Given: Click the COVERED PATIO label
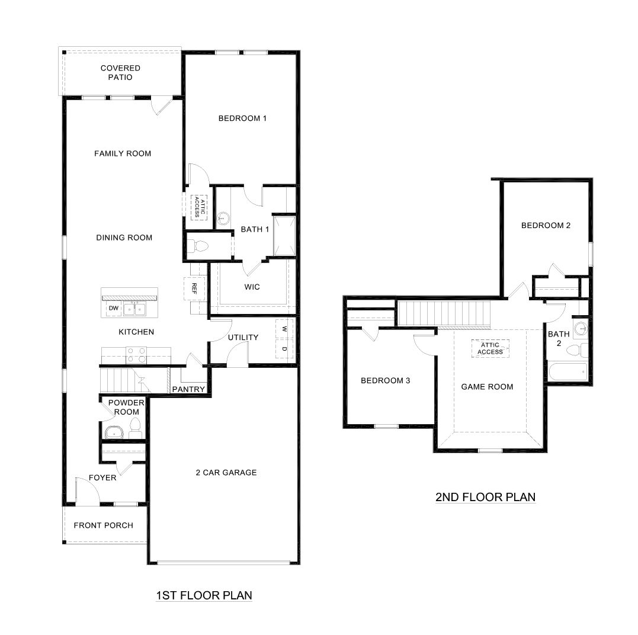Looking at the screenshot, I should pos(120,73).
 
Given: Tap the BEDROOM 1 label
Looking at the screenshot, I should pos(242,118).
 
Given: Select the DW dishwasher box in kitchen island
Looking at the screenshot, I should pos(112,309).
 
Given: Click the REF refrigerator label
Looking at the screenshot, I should pos(194,288).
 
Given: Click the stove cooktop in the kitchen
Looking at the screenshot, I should pos(136,355).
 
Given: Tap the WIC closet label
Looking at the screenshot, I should pos(252,287).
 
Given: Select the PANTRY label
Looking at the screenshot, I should pos(188,389).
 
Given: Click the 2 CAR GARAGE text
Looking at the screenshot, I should pos(226,472).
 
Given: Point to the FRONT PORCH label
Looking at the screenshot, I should pos(104,525).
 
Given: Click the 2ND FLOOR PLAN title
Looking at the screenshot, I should pos(485,497).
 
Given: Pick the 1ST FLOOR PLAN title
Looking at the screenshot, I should pos(204,595).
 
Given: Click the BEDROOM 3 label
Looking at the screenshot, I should pos(386,380).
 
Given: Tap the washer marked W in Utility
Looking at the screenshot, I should pos(284,329).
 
